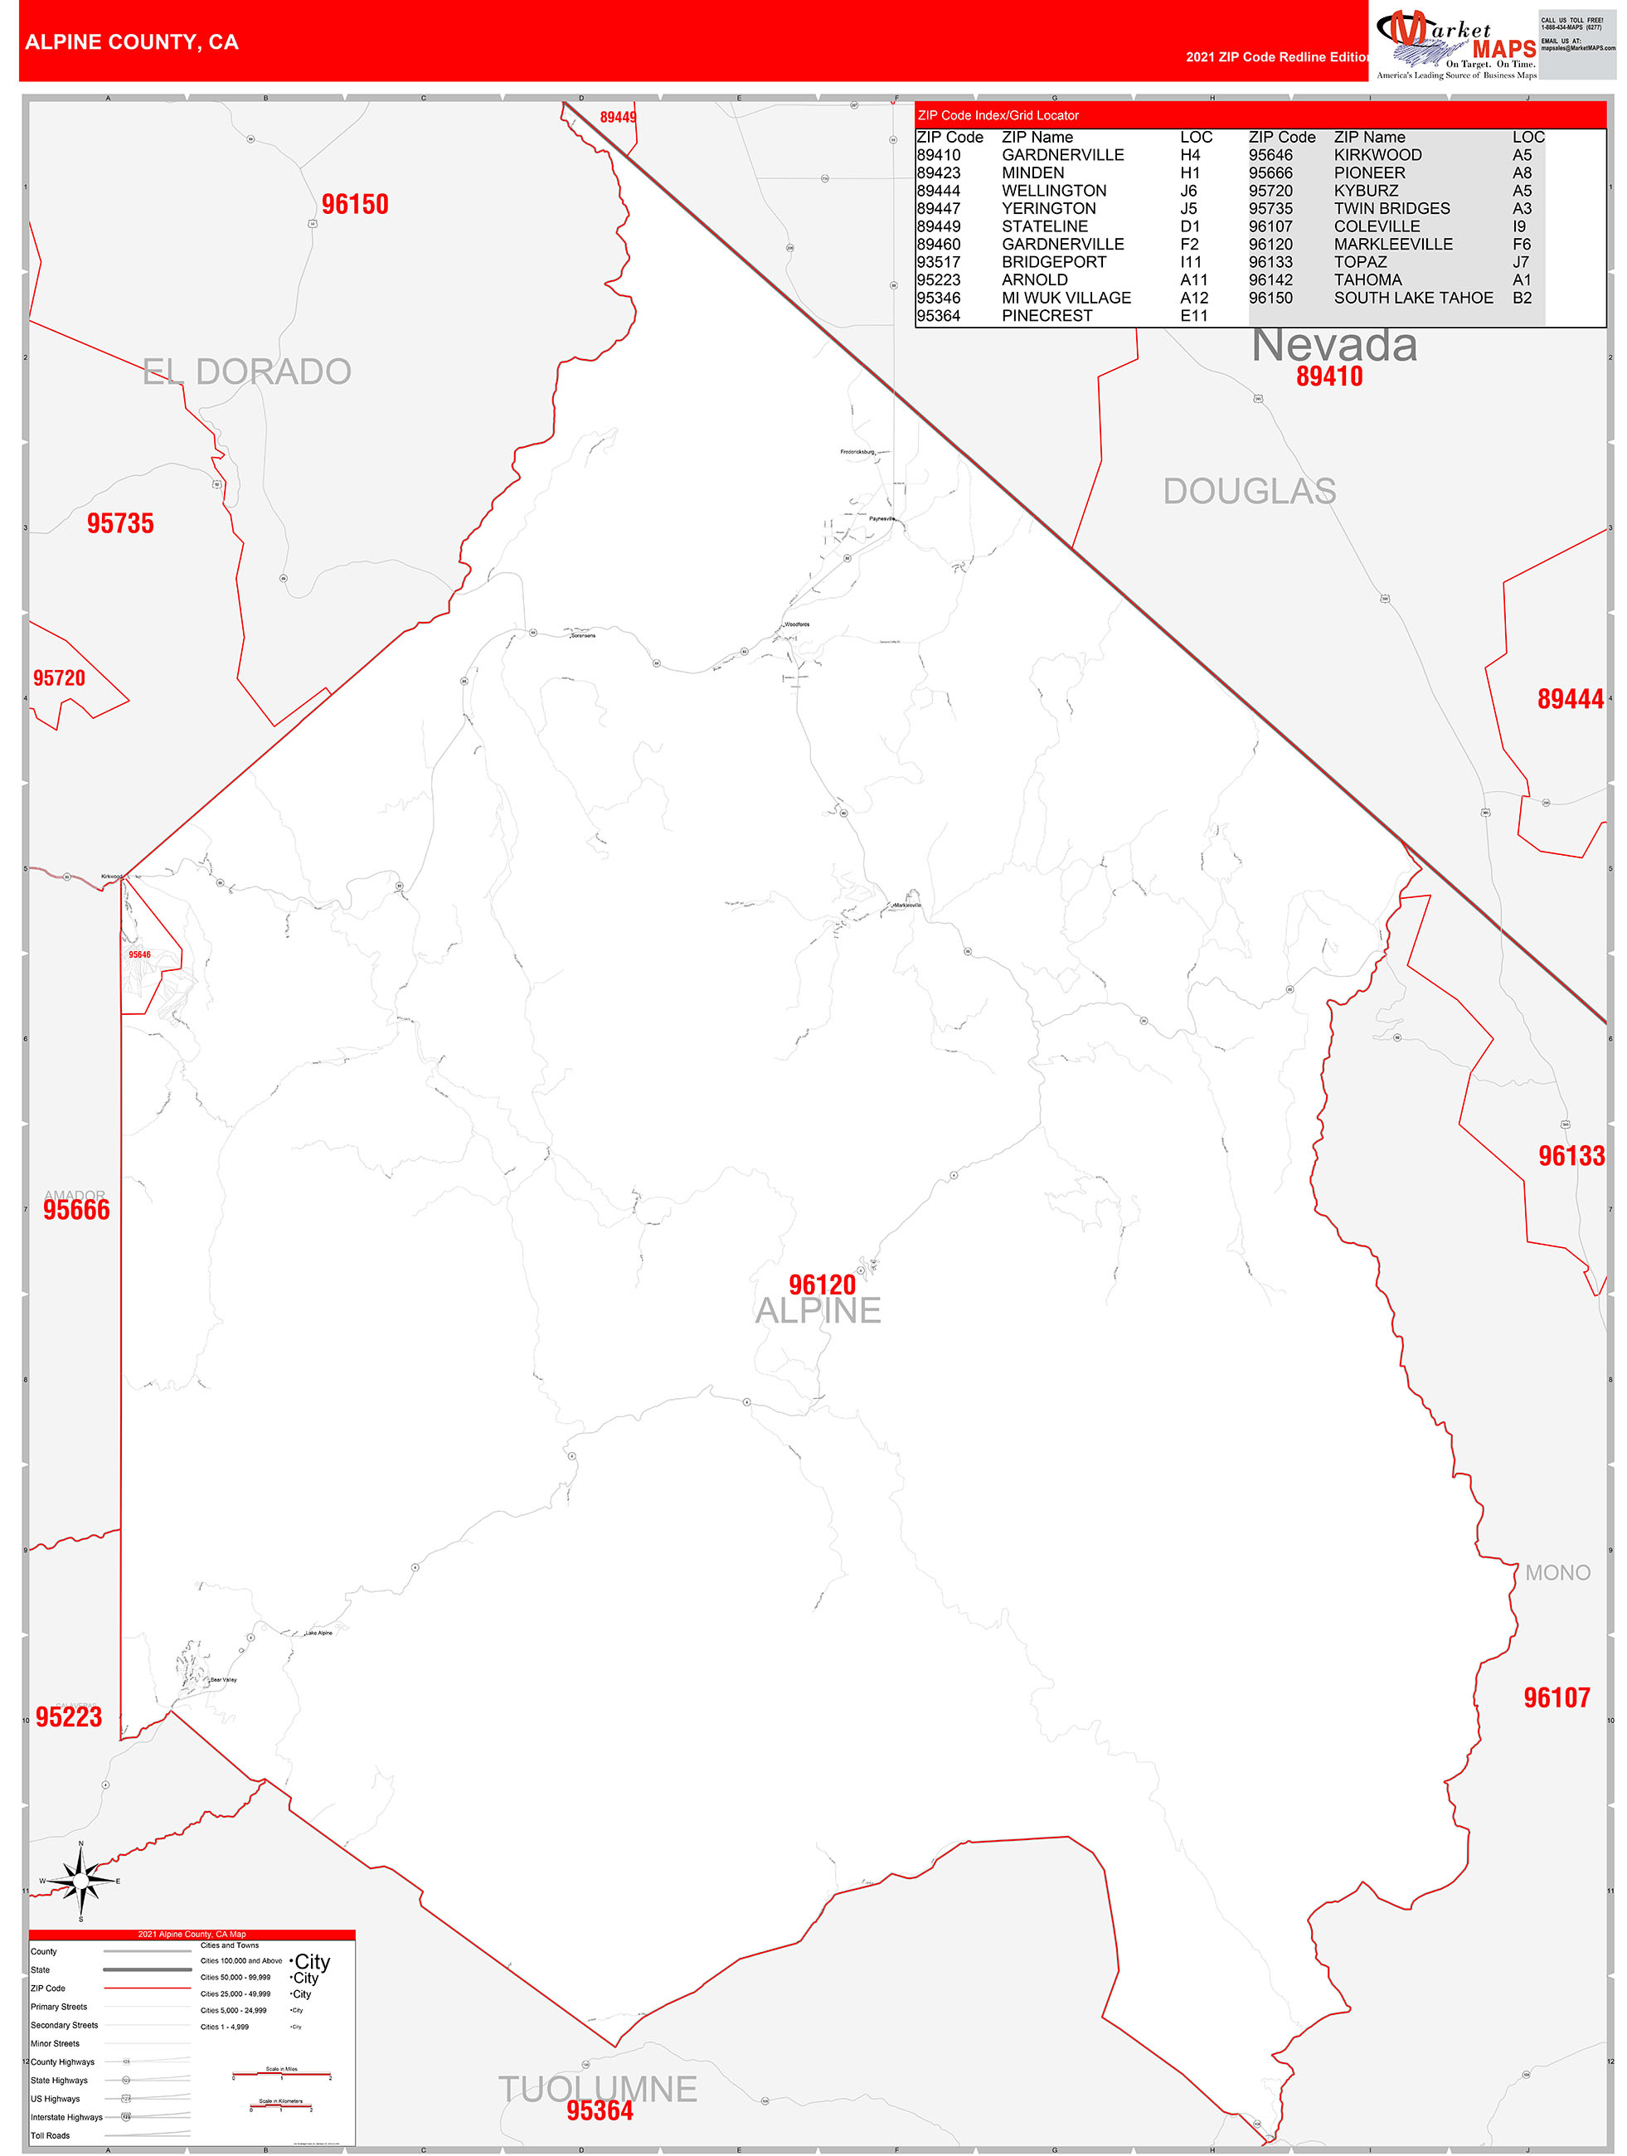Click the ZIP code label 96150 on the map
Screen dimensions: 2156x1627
coord(355,205)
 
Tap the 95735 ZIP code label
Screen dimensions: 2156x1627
coord(120,523)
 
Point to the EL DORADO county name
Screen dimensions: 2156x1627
coord(246,371)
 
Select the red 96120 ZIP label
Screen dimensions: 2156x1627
coord(822,1284)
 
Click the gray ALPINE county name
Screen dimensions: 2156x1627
coord(818,1311)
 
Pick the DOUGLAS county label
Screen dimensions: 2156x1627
coord(1249,491)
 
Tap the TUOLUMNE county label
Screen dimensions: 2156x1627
coord(598,2089)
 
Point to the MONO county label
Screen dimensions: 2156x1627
coord(1557,1572)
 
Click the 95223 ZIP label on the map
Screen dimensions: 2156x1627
coord(68,1717)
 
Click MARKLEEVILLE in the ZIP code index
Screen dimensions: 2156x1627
coord(1393,245)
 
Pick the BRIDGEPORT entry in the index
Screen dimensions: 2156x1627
coord(1054,262)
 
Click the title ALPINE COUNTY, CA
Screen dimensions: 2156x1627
coord(132,42)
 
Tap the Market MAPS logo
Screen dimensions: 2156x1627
coord(1455,45)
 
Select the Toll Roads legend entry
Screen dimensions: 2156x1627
coord(50,2135)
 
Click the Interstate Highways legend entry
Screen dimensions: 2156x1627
coord(66,2117)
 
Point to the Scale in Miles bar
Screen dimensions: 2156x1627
coord(282,2074)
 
